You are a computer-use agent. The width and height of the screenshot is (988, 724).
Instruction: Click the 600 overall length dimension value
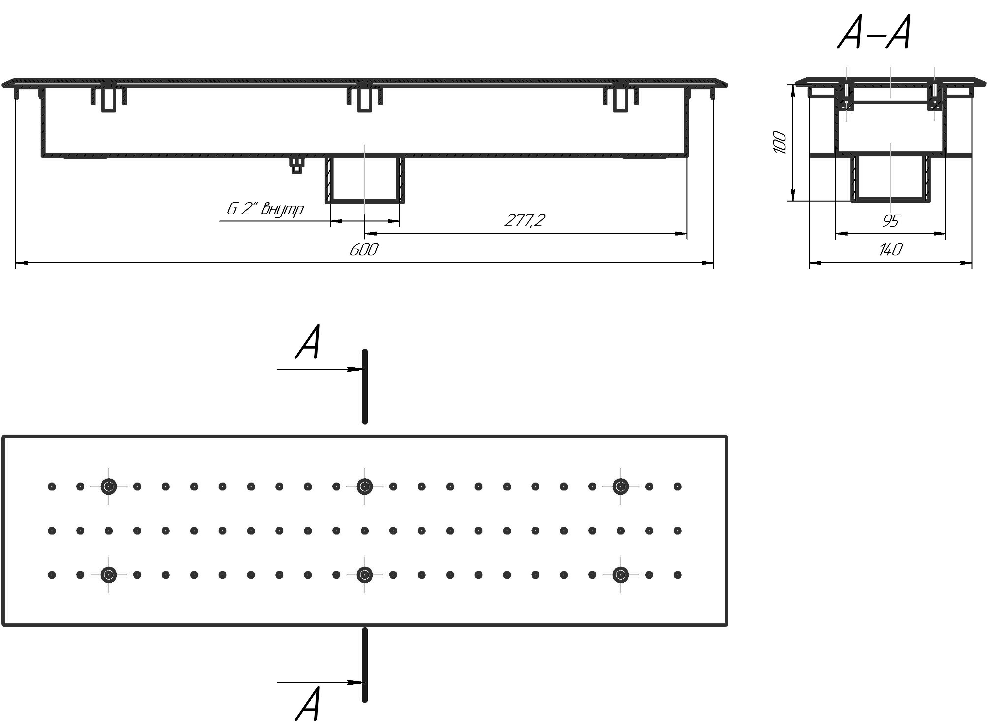[x=364, y=250]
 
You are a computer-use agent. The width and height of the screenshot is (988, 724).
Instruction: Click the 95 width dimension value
[x=891, y=221]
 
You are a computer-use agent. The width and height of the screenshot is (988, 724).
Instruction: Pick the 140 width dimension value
[x=891, y=250]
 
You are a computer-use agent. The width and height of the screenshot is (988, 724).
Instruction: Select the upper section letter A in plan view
[x=308, y=342]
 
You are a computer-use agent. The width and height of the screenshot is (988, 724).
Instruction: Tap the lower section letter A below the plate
[x=308, y=703]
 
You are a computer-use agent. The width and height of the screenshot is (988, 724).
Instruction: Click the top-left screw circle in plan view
[x=109, y=487]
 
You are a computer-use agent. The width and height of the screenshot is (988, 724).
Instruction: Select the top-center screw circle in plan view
[x=364, y=487]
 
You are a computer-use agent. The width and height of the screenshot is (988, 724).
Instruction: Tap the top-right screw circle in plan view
[x=620, y=487]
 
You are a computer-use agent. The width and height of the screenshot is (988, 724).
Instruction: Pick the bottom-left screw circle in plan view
[x=109, y=575]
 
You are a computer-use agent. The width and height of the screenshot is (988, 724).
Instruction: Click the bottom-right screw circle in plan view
[x=620, y=575]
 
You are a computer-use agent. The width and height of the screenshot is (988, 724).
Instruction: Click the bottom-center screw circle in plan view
[x=364, y=575]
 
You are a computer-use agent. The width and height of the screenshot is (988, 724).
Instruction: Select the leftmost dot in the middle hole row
[x=52, y=531]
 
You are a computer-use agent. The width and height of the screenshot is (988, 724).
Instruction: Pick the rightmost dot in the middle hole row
[x=678, y=531]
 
